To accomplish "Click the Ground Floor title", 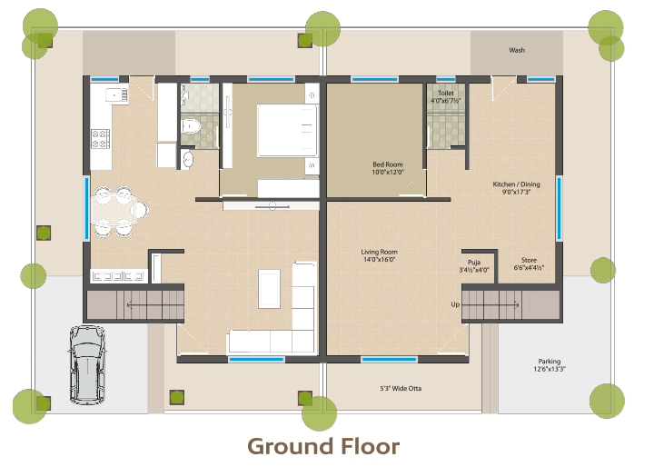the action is tap(323, 446).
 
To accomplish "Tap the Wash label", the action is tap(517, 50).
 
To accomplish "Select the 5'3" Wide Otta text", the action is tap(401, 388).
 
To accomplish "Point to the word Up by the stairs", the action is tap(455, 304).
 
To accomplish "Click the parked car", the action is tap(87, 365).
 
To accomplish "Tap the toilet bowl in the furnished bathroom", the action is tap(192, 125).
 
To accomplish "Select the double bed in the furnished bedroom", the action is tap(287, 131).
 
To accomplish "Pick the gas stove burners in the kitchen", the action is tap(101, 139).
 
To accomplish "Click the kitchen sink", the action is tap(116, 94).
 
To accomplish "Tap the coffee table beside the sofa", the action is tap(269, 289).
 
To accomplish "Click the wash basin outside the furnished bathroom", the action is tap(188, 159).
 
